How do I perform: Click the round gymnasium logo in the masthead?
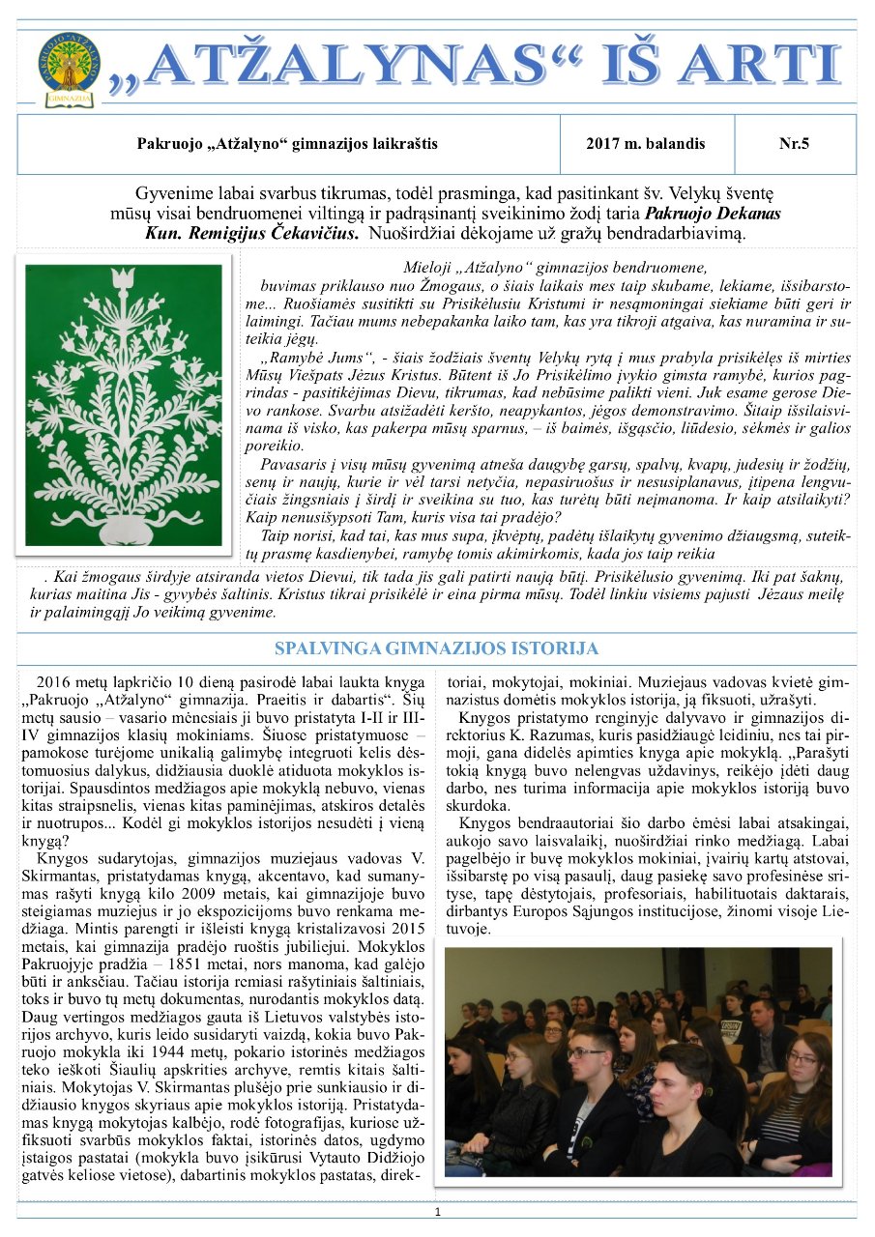69,65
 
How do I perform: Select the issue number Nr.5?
794,144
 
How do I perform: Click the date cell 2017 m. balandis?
645,144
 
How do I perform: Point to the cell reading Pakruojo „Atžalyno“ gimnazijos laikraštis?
287,144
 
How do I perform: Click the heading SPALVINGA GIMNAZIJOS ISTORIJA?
436,648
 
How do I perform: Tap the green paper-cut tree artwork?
123,403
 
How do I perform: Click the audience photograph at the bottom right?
638,1060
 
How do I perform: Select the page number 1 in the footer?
437,1212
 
